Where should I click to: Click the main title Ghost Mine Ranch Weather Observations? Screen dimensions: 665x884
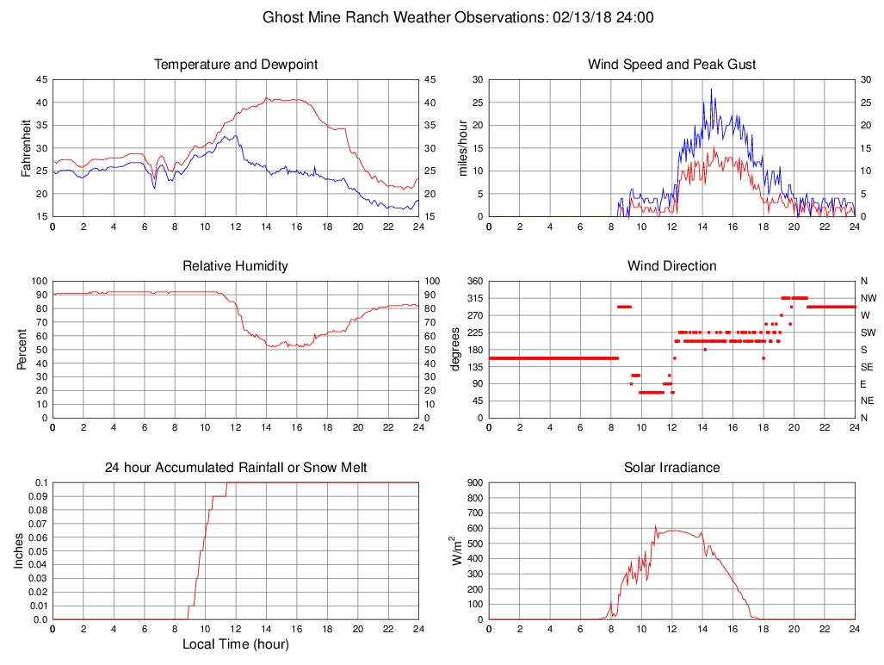click(457, 17)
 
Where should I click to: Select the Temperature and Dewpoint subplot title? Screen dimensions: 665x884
click(235, 65)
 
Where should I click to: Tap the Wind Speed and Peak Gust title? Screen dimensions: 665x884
click(671, 65)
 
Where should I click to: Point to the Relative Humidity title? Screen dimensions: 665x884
click(235, 266)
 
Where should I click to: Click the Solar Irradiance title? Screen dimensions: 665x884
click(671, 468)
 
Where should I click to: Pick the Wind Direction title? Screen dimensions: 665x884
click(671, 266)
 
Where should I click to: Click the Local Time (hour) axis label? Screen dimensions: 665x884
click(235, 644)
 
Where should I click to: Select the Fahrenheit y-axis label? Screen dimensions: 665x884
click(26, 147)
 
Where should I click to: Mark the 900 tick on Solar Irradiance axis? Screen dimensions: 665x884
click(474, 482)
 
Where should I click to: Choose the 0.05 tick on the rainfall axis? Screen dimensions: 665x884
click(38, 551)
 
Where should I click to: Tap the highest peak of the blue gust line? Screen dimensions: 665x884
click(711, 89)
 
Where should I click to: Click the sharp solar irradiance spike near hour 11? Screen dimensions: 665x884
click(655, 525)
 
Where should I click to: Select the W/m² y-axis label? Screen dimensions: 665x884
click(458, 550)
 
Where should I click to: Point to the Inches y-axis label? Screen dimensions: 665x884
click(19, 550)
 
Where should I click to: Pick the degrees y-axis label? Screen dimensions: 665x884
click(456, 349)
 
